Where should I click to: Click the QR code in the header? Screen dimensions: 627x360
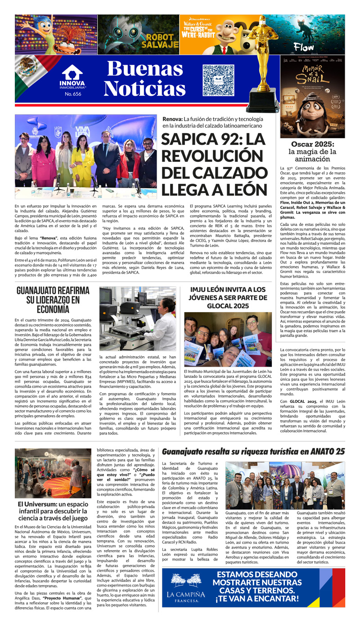click(218, 81)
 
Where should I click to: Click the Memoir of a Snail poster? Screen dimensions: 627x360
click(312, 97)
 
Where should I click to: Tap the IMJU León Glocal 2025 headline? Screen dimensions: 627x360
click(228, 297)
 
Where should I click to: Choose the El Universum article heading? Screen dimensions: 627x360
click(53, 509)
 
